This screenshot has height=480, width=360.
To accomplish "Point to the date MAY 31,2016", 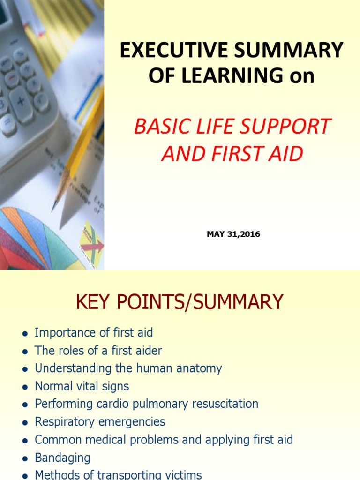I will [233, 234].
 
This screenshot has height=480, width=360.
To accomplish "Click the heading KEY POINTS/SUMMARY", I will [180, 302].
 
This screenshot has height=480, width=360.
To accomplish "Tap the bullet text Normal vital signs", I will [82, 386].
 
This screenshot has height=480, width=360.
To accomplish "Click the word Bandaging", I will [63, 457].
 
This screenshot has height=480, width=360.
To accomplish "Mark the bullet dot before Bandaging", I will [24, 458].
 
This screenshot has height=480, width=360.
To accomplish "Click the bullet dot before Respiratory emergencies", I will [24, 422].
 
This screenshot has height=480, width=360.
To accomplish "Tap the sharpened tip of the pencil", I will [54, 207].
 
